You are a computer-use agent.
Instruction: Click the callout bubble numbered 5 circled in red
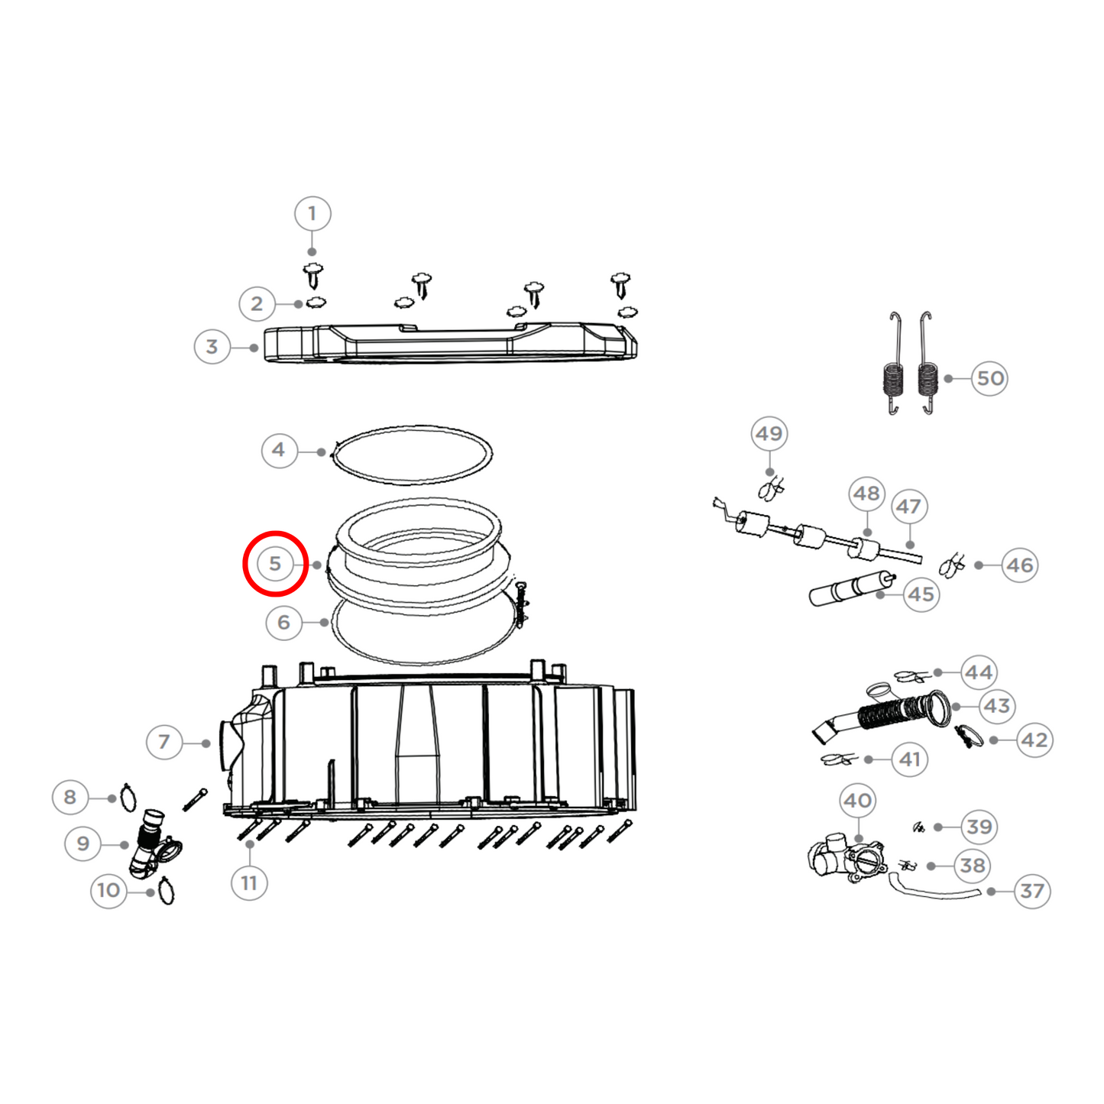coord(275,564)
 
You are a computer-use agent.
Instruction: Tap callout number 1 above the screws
coord(312,213)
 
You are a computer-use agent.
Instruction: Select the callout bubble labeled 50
coord(990,378)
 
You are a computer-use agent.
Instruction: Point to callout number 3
coord(212,347)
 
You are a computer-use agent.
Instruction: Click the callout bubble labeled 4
coord(279,450)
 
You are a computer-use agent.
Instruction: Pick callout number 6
coord(284,623)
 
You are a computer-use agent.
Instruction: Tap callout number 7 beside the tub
coord(164,741)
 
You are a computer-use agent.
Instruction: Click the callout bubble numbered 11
coord(249,883)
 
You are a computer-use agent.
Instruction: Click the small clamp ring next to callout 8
coord(128,798)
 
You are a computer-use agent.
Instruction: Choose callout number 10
coord(108,890)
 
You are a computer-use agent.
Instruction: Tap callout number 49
coord(769,434)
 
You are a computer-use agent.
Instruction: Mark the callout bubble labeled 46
coord(1020,565)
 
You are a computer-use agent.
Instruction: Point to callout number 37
coord(1032,891)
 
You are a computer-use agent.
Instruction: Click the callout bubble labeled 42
coord(1035,740)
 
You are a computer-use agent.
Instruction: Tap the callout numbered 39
coord(979,827)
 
